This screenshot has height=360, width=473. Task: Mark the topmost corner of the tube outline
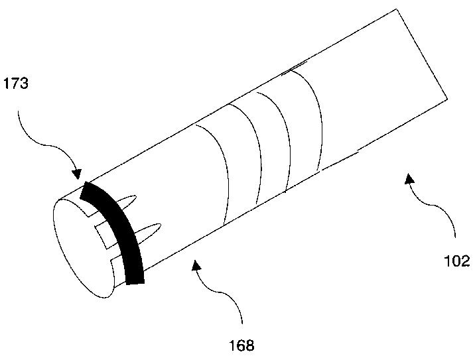(397, 9)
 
